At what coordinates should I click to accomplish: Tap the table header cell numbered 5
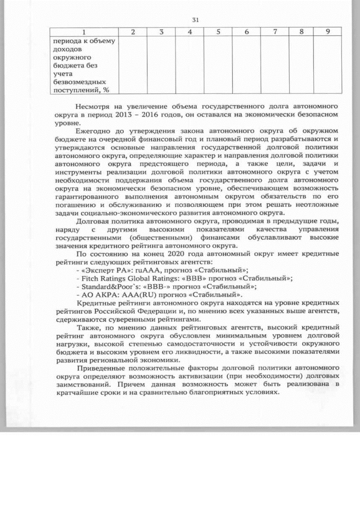click(x=217, y=32)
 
